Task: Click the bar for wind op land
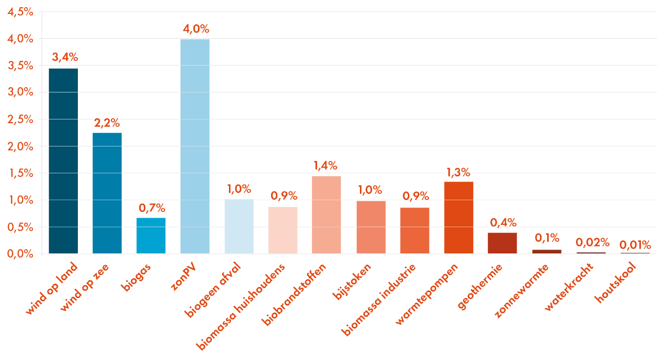pyautogui.click(x=63, y=161)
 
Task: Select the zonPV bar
pyautogui.click(x=195, y=146)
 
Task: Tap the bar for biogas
pyautogui.click(x=151, y=236)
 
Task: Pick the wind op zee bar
pyautogui.click(x=107, y=193)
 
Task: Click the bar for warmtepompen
pyautogui.click(x=458, y=218)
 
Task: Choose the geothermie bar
pyautogui.click(x=502, y=243)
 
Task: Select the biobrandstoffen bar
pyautogui.click(x=326, y=215)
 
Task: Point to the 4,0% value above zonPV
pyautogui.click(x=195, y=29)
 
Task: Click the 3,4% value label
pyautogui.click(x=64, y=57)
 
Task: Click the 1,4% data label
pyautogui.click(x=325, y=166)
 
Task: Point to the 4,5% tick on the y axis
pyautogui.click(x=21, y=12)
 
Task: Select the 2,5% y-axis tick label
pyautogui.click(x=21, y=120)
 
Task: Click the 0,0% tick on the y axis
pyautogui.click(x=21, y=254)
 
